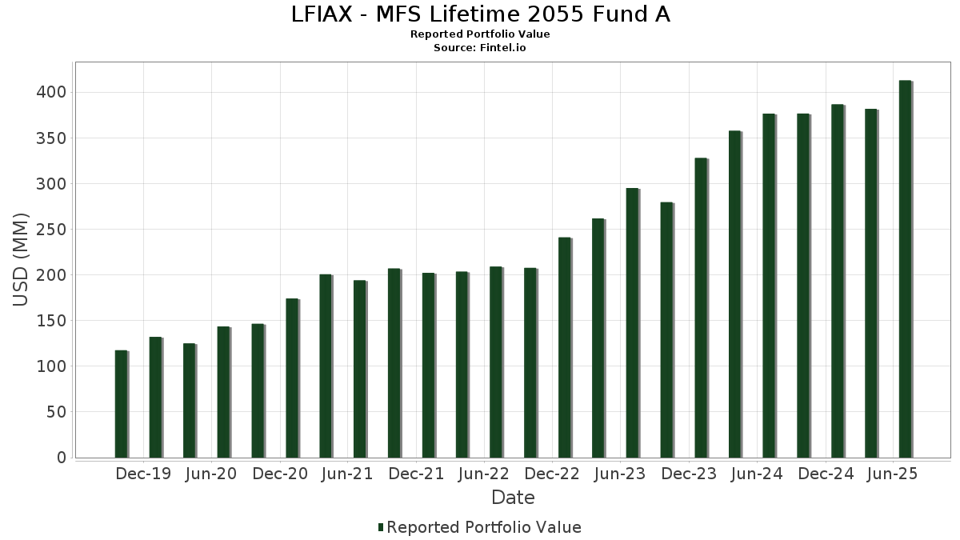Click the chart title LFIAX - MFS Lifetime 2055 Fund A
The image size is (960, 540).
pos(479,14)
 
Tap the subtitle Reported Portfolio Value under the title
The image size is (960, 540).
pos(479,34)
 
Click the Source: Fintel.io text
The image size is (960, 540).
pos(479,48)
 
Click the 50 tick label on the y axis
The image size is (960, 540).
pos(57,412)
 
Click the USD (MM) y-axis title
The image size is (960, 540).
pos(22,259)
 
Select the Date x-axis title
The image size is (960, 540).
pos(513,498)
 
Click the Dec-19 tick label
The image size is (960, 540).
pos(143,474)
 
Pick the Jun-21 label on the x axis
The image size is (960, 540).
pos(347,474)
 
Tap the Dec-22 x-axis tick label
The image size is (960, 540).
pos(552,474)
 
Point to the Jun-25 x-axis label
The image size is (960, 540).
pos(893,474)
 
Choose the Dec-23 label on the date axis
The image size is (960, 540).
pos(689,474)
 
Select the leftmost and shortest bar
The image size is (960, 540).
pos(121,404)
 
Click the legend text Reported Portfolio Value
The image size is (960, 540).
pos(484,527)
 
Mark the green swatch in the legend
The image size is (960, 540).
pos(381,527)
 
